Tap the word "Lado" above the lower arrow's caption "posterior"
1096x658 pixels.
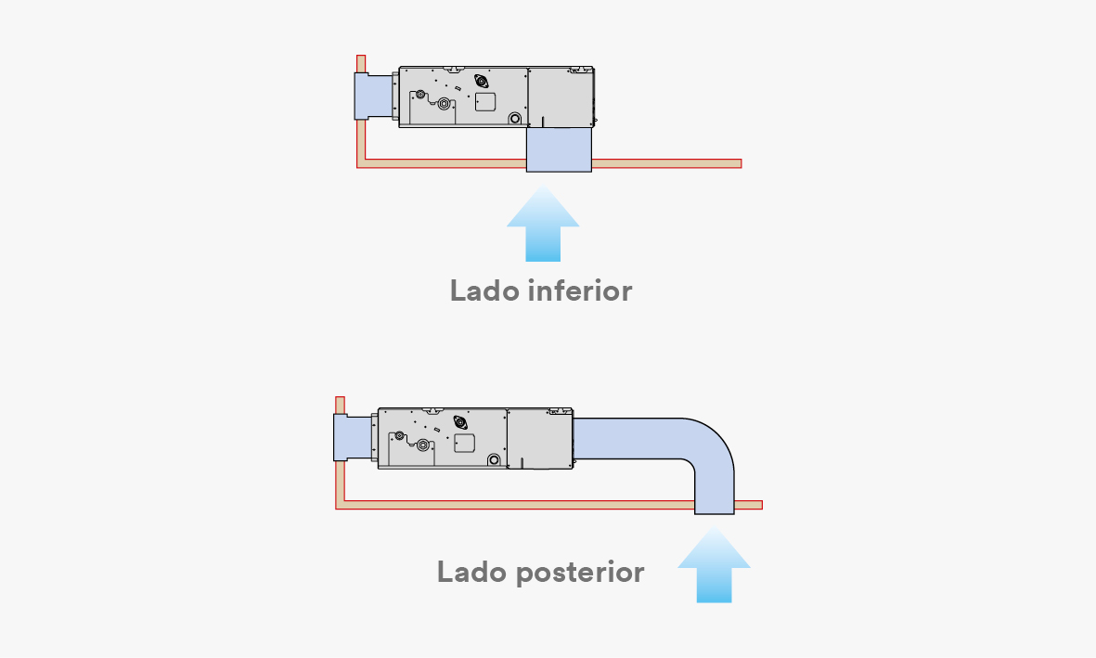tap(471, 572)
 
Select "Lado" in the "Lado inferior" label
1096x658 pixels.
tap(484, 290)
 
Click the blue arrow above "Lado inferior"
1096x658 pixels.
tap(543, 223)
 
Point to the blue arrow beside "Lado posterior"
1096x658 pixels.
tap(714, 564)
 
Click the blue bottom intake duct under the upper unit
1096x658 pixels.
tap(559, 149)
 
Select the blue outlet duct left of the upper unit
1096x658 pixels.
tap(374, 97)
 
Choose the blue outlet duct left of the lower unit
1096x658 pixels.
tap(353, 438)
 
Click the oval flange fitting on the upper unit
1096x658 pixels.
tap(481, 81)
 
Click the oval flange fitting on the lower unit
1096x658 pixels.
tap(460, 422)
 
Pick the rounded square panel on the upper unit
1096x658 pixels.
tap(485, 102)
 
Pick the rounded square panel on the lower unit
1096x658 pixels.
tap(464, 444)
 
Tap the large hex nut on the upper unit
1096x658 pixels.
tap(444, 104)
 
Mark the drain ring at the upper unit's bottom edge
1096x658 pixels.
tap(515, 118)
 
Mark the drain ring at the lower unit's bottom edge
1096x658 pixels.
tap(495, 459)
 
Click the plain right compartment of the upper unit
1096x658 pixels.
tap(560, 97)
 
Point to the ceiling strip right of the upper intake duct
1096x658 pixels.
tap(667, 163)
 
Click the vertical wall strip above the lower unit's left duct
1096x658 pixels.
tap(340, 406)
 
